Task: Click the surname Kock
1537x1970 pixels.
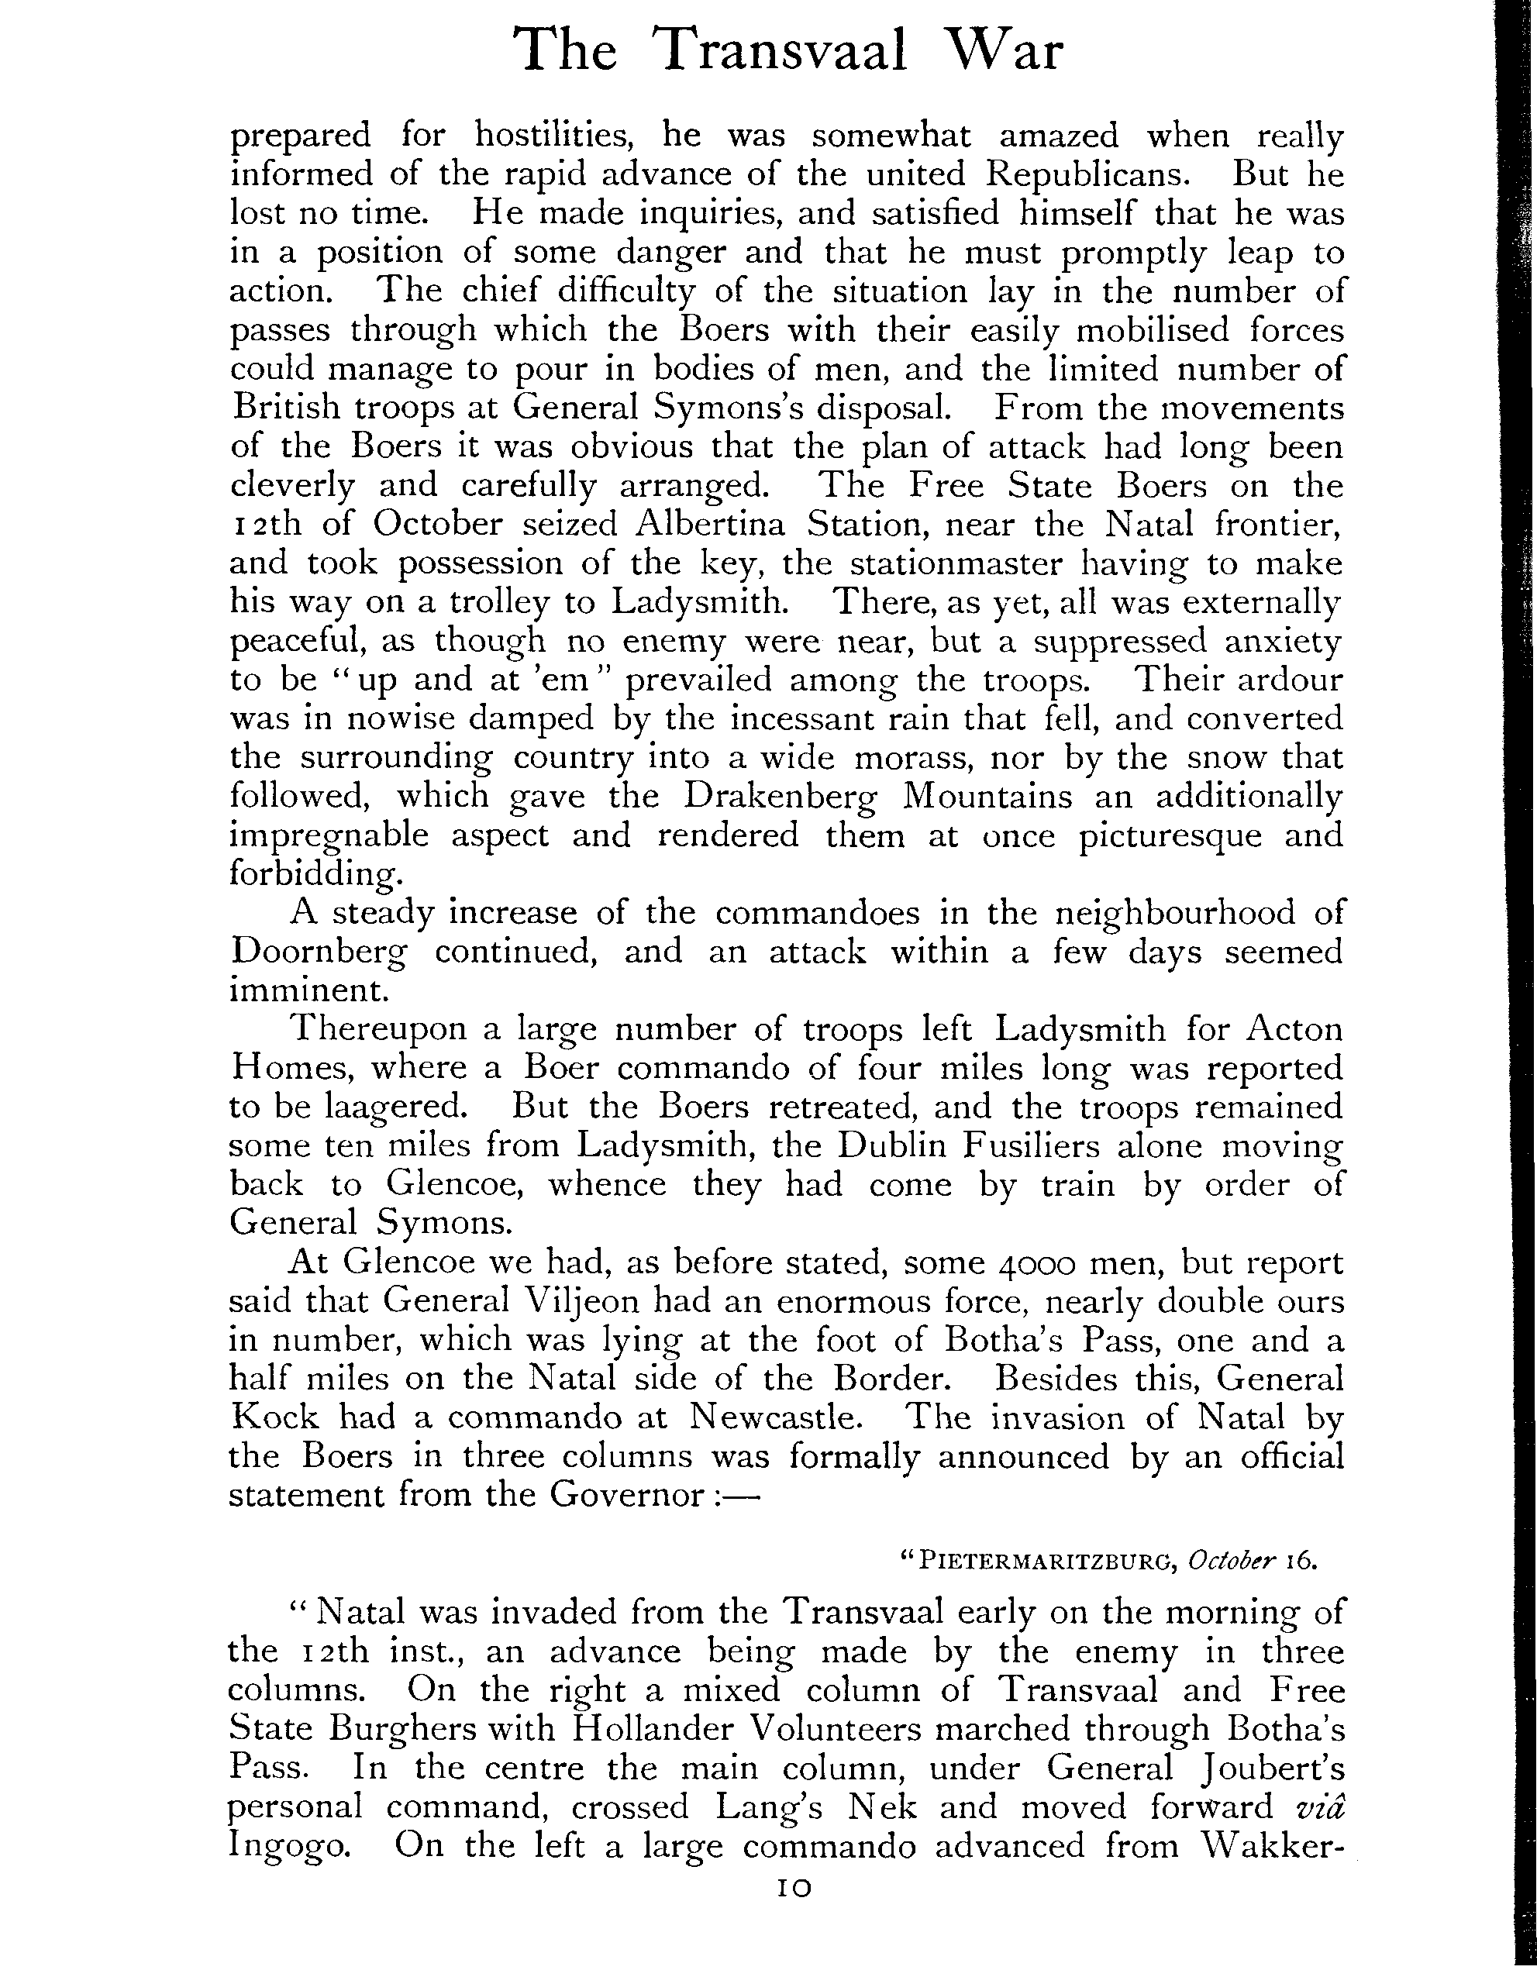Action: pos(275,1417)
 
